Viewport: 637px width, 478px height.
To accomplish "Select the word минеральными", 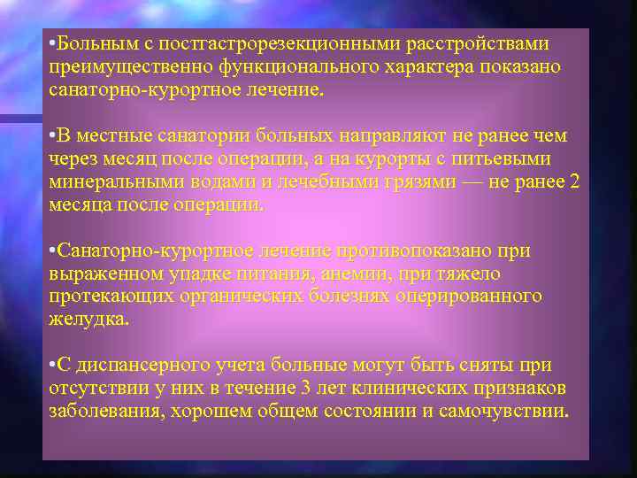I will point(105,182).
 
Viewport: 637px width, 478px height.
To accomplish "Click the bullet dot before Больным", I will point(53,44).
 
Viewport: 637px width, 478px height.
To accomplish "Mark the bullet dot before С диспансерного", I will point(53,366).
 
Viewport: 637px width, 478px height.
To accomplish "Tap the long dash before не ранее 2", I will point(490,182).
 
